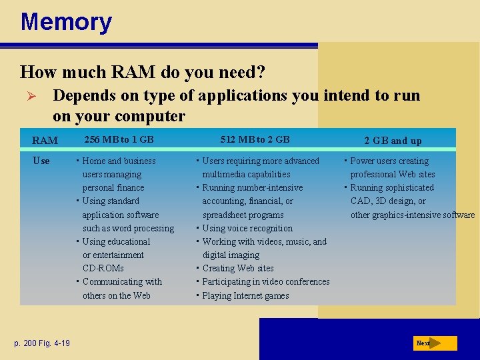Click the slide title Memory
66,22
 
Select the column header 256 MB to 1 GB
118,139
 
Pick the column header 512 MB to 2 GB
255,139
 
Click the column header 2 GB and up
393,141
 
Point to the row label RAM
45,141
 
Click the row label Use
41,161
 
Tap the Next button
435,343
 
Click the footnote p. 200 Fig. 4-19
42,343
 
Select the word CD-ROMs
103,268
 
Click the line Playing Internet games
245,295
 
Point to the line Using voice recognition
247,228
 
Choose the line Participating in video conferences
265,281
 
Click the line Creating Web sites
237,268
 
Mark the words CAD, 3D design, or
388,201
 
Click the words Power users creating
389,161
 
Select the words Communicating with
122,281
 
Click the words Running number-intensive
252,187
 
